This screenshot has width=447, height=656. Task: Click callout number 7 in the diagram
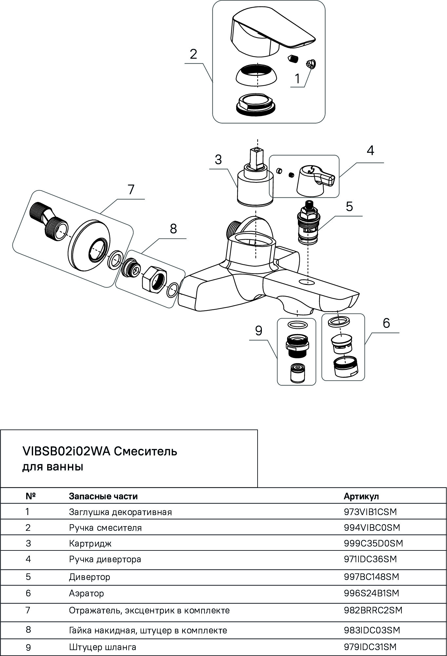pyautogui.click(x=131, y=190)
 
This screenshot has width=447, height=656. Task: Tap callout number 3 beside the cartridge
pyautogui.click(x=218, y=160)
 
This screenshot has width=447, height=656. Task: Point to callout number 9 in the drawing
pyautogui.click(x=259, y=331)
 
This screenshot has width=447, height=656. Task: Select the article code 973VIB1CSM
pyautogui.click(x=370, y=512)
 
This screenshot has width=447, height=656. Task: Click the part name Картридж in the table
pyautogui.click(x=90, y=543)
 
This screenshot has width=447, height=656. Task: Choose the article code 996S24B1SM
pyautogui.click(x=371, y=593)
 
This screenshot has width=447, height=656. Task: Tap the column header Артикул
pyautogui.click(x=361, y=496)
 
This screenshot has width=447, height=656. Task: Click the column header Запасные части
pyautogui.click(x=103, y=496)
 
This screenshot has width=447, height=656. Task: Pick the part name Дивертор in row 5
pyautogui.click(x=89, y=577)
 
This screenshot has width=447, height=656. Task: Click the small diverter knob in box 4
pyautogui.click(x=315, y=180)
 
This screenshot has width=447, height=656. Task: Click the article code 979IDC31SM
pyautogui.click(x=370, y=647)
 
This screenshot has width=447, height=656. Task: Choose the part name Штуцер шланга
pyautogui.click(x=102, y=647)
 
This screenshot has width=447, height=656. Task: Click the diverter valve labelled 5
pyautogui.click(x=308, y=223)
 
